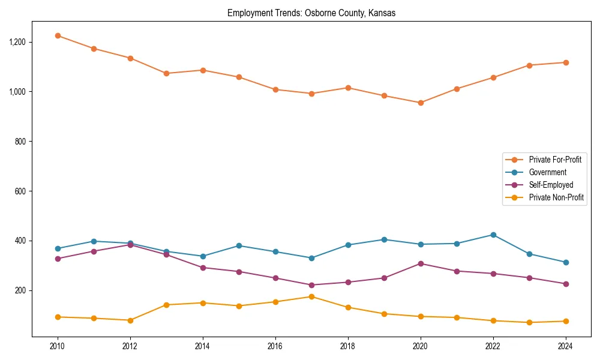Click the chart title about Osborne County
pyautogui.click(x=311, y=13)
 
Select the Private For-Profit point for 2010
pyautogui.click(x=58, y=36)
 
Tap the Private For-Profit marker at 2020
pyautogui.click(x=421, y=103)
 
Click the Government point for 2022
pyautogui.click(x=493, y=235)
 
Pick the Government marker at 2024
pyautogui.click(x=566, y=262)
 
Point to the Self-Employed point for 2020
pyautogui.click(x=421, y=263)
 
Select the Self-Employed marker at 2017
pyautogui.click(x=311, y=285)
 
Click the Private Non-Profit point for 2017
pyautogui.click(x=311, y=296)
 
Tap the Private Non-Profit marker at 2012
pyautogui.click(x=130, y=320)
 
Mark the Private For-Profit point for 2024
pyautogui.click(x=566, y=62)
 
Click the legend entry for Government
pyautogui.click(x=547, y=172)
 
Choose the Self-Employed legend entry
pyautogui.click(x=551, y=185)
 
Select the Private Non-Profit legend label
pyautogui.click(x=556, y=197)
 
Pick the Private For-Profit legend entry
pyautogui.click(x=555, y=160)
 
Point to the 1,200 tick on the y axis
pyautogui.click(x=17, y=42)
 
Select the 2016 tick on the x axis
pyautogui.click(x=275, y=347)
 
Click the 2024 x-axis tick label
pyautogui.click(x=566, y=347)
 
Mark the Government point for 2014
pyautogui.click(x=203, y=256)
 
